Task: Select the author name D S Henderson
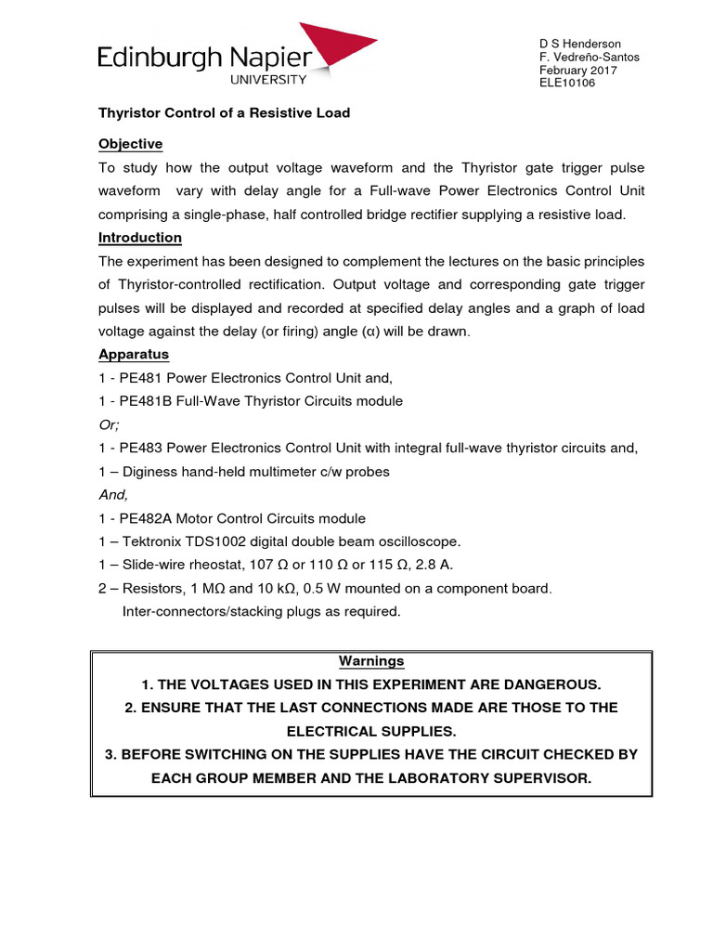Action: pos(580,44)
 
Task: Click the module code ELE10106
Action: pos(567,83)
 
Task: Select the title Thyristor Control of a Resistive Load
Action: pos(225,112)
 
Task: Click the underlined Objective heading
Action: pos(131,144)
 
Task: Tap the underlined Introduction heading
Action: pos(140,238)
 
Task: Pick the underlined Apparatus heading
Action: pos(134,355)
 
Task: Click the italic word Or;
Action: pos(110,424)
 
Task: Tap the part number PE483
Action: pos(134,449)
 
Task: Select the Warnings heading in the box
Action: pos(371,661)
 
